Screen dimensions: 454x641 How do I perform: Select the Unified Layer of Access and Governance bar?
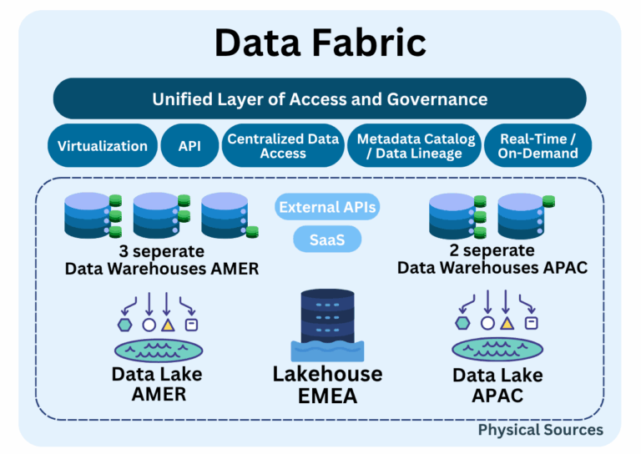[320, 98]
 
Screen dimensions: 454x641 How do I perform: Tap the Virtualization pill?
[103, 146]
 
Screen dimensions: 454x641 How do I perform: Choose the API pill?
[189, 146]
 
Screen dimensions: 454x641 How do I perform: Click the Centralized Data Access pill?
[283, 146]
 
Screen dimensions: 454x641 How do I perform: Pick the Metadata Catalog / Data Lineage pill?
[416, 146]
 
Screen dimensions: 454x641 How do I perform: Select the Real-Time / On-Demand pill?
[538, 146]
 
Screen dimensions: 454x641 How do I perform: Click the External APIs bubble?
[327, 207]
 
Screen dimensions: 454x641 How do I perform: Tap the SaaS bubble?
[327, 240]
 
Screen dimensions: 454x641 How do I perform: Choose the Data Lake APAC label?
[497, 385]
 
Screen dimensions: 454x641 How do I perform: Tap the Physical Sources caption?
[540, 430]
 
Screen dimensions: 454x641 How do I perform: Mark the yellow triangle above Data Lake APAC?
[507, 322]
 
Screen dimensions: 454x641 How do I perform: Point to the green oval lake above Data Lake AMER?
[158, 349]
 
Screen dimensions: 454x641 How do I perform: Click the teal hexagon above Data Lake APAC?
[462, 322]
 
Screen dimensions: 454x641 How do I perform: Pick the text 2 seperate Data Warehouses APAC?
[492, 259]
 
